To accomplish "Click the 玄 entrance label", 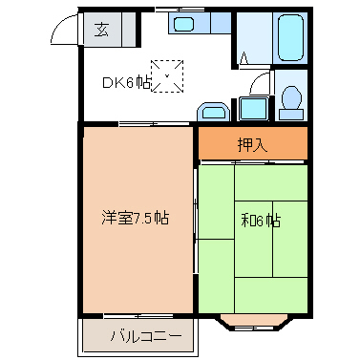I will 100,29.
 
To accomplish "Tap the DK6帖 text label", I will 126,83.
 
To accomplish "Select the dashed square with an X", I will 169,76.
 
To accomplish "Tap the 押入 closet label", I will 252,145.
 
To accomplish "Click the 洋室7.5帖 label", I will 136,218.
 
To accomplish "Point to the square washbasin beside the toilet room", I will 252,107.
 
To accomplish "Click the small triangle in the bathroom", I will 245,56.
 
